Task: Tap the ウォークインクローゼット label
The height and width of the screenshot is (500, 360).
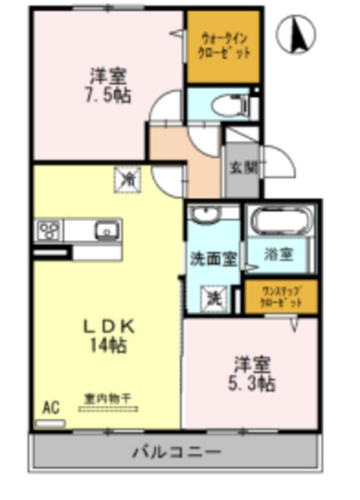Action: click(223, 45)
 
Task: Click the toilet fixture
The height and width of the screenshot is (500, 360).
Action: click(233, 104)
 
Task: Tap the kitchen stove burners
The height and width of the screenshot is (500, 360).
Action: click(48, 230)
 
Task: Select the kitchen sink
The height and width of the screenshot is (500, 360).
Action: click(105, 230)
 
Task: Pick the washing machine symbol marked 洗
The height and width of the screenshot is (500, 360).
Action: click(212, 297)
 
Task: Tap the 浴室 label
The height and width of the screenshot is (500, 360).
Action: click(279, 253)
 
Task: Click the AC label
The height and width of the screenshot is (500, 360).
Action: click(51, 407)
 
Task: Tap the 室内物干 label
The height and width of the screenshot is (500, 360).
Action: click(109, 398)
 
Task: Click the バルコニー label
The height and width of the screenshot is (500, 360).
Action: click(176, 452)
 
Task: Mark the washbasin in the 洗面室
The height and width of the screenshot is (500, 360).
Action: click(209, 214)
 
